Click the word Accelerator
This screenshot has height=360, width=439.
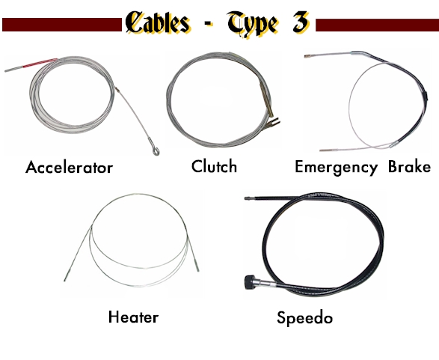(69, 167)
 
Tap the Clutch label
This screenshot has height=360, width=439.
(214, 166)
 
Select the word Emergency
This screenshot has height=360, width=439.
(337, 168)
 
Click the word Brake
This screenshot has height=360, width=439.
(409, 166)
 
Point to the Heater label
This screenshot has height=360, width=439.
(133, 317)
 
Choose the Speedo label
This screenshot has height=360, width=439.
(305, 318)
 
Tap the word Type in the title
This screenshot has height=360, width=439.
(253, 23)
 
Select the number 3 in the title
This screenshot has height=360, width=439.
(301, 22)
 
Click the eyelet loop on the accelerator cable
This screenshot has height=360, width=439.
(156, 151)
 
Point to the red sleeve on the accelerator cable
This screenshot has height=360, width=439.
(40, 63)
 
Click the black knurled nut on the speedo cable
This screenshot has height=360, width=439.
(250, 282)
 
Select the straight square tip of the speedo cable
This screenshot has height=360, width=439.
(248, 198)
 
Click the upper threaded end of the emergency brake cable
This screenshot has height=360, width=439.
(308, 56)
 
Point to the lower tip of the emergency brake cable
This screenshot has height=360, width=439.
(322, 150)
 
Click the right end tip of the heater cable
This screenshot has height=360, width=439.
(197, 266)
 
